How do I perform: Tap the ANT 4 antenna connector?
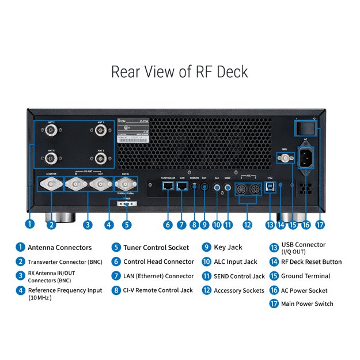click(51, 158)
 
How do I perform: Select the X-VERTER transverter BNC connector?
click(51, 185)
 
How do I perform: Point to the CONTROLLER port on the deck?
click(168, 186)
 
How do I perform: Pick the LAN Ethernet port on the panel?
click(182, 186)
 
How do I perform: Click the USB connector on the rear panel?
click(270, 187)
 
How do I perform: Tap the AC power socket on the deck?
click(306, 156)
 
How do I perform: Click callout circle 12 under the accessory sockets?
click(247, 224)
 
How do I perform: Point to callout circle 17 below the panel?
click(320, 224)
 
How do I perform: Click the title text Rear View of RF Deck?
click(180, 71)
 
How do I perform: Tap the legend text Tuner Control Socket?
click(156, 248)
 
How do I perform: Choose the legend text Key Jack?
click(228, 248)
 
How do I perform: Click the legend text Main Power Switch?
click(307, 304)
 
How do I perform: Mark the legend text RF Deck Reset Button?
click(311, 262)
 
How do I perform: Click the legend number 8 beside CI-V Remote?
click(116, 290)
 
